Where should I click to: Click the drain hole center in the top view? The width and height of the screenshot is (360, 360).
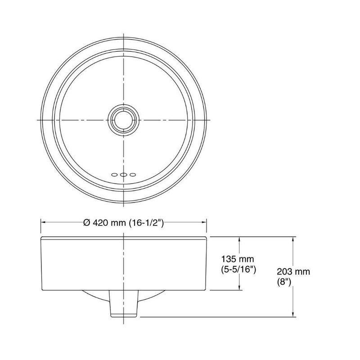pyautogui.click(x=124, y=120)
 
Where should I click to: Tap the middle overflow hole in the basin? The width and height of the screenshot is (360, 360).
pyautogui.click(x=123, y=175)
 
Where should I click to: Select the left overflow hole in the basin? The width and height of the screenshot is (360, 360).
pyautogui.click(x=114, y=175)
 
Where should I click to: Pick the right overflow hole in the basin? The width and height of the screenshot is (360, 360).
pyautogui.click(x=133, y=175)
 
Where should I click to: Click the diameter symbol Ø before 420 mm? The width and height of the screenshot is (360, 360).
pyautogui.click(x=87, y=222)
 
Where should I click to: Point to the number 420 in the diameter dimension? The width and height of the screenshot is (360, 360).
pyautogui.click(x=100, y=222)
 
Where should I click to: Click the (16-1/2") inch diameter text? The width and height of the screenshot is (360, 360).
pyautogui.click(x=146, y=223)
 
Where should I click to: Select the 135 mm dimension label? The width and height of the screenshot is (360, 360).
pyautogui.click(x=238, y=259)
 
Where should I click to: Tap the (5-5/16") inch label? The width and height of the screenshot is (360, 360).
pyautogui.click(x=238, y=269)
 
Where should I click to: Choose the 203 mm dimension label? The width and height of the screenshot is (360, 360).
pyautogui.click(x=293, y=272)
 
